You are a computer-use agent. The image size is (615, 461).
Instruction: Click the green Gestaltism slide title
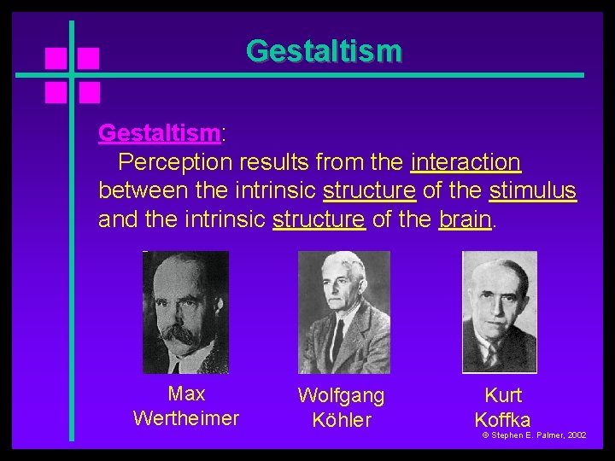(x=323, y=50)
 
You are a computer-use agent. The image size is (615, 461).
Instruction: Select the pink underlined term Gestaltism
(x=159, y=133)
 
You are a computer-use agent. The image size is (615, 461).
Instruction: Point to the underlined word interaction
(x=466, y=161)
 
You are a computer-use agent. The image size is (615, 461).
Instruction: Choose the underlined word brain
(x=466, y=219)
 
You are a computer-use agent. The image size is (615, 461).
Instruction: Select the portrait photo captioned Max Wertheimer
(x=185, y=312)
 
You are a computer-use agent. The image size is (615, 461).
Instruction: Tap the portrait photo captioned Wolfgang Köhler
(x=343, y=312)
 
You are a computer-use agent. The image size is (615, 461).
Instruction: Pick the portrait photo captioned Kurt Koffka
(x=500, y=312)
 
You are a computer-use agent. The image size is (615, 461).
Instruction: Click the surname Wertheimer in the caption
(x=186, y=419)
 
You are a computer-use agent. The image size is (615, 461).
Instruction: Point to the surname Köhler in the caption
(x=342, y=421)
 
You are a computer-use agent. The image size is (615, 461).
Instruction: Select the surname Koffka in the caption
(x=502, y=420)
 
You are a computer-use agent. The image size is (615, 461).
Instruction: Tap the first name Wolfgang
(x=341, y=396)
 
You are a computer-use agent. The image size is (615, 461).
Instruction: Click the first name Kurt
(x=502, y=395)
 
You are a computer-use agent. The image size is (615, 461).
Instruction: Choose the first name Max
(x=186, y=394)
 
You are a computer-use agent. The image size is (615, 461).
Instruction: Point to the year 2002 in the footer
(x=577, y=435)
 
